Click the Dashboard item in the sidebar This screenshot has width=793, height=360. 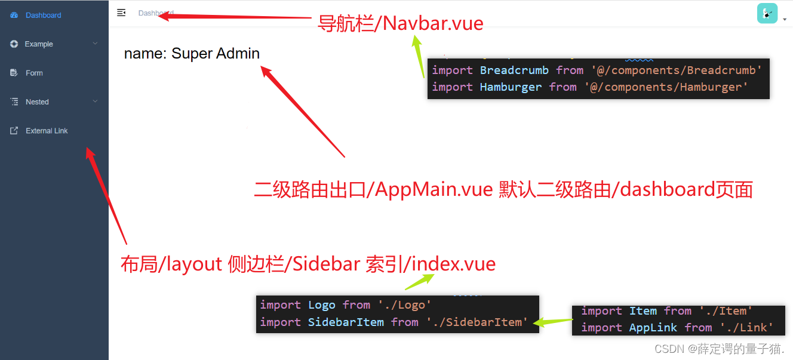(x=43, y=16)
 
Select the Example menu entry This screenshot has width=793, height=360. (x=39, y=44)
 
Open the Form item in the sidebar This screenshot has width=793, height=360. (x=34, y=73)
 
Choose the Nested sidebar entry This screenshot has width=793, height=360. (x=37, y=102)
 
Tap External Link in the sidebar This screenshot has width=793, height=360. (x=47, y=131)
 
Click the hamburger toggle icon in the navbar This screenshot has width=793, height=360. (x=121, y=13)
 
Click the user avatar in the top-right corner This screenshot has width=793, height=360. (x=767, y=13)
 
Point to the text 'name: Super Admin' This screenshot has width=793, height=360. (x=192, y=54)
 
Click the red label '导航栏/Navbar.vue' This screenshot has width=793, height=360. (x=399, y=23)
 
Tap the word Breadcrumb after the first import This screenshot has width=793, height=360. (x=514, y=70)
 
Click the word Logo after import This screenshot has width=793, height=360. (x=322, y=305)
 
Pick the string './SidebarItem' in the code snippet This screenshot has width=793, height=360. (x=477, y=322)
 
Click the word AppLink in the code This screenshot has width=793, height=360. (x=653, y=328)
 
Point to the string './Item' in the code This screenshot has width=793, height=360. (x=725, y=311)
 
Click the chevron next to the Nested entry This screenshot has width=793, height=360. (x=95, y=102)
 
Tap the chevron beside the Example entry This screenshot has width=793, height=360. (x=95, y=44)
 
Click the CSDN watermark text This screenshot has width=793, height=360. (x=719, y=349)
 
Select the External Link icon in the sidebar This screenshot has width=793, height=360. (x=14, y=131)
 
